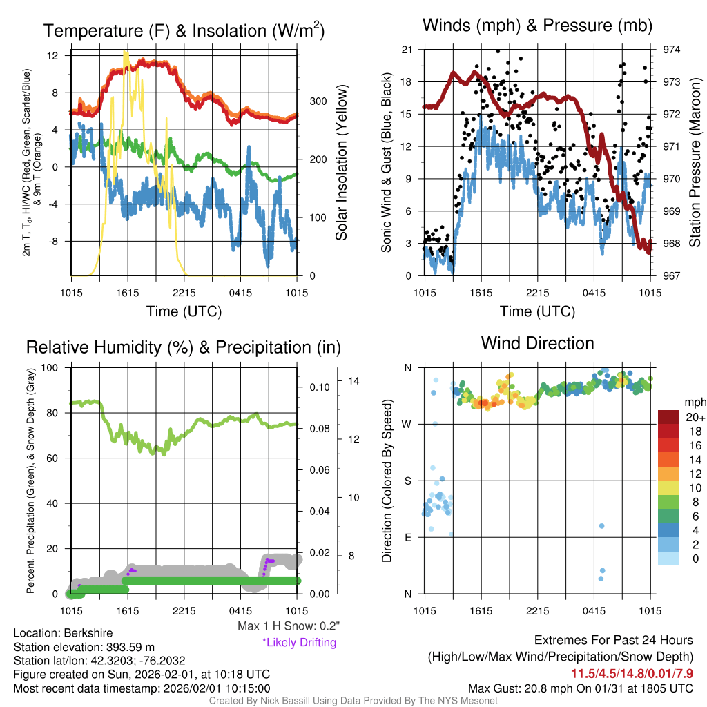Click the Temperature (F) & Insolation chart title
[184, 30]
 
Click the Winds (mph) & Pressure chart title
[538, 26]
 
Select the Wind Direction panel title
[537, 343]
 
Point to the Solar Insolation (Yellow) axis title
[341, 163]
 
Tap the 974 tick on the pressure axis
[672, 50]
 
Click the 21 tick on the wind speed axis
[407, 50]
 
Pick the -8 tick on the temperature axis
[59, 241]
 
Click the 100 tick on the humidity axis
[51, 367]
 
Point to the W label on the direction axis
[407, 424]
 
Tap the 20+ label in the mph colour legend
[693, 417]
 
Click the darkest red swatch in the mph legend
[668, 417]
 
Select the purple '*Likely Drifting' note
[299, 642]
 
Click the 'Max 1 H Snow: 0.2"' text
[288, 626]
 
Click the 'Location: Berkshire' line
[63, 633]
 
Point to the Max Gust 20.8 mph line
[581, 688]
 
